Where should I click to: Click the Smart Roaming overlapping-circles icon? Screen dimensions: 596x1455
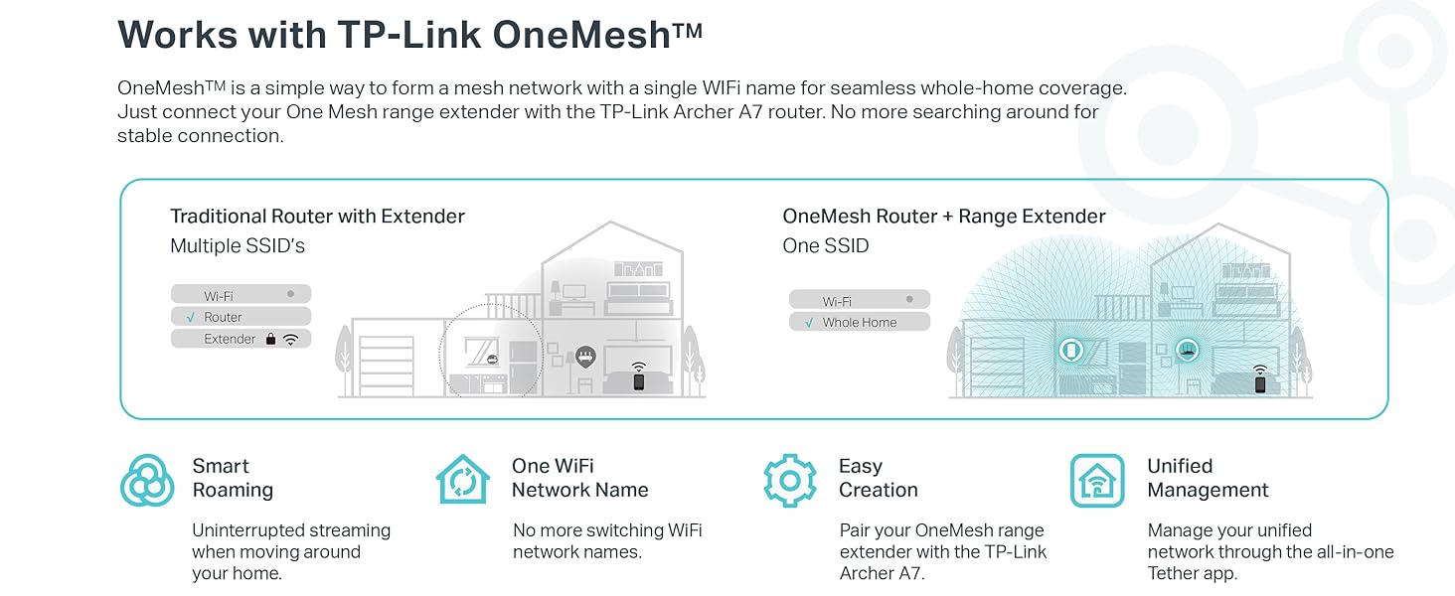pyautogui.click(x=147, y=481)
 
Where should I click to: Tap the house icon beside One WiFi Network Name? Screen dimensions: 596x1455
pyautogui.click(x=463, y=480)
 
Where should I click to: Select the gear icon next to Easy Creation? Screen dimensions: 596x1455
pyautogui.click(x=790, y=481)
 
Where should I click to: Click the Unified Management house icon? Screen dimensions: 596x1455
pyautogui.click(x=1097, y=481)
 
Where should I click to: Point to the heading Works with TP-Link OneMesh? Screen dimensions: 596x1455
pyautogui.click(x=410, y=35)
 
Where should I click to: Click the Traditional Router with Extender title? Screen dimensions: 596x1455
pyautogui.click(x=317, y=217)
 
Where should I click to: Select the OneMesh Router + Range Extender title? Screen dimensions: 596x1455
pyautogui.click(x=944, y=217)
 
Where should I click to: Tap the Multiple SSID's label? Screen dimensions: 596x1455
pyautogui.click(x=238, y=246)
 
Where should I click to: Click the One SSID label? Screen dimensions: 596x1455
pyautogui.click(x=826, y=246)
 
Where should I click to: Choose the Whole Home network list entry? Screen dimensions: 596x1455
pyautogui.click(x=859, y=323)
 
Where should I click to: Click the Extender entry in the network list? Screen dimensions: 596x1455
pyautogui.click(x=230, y=340)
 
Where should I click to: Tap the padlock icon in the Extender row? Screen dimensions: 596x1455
pyautogui.click(x=270, y=339)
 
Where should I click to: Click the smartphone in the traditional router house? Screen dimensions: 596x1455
pyautogui.click(x=638, y=380)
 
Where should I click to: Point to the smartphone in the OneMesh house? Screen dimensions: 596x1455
pyautogui.click(x=1260, y=384)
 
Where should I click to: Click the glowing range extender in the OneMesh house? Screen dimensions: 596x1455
pyautogui.click(x=1070, y=350)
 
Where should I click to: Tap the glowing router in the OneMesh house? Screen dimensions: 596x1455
pyautogui.click(x=1187, y=349)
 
